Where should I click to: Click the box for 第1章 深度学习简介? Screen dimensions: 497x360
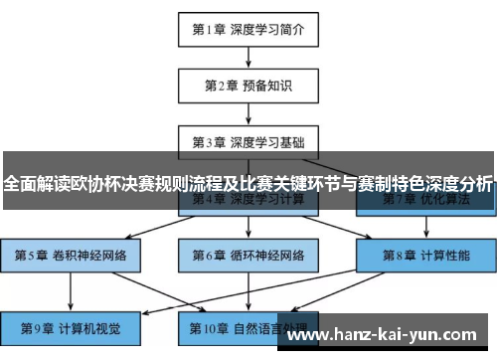248,30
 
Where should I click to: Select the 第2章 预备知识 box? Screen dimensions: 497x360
248,86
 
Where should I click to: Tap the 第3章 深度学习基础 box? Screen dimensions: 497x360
248,142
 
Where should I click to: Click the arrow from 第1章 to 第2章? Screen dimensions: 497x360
248,58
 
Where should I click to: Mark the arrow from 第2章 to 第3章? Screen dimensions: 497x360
248,113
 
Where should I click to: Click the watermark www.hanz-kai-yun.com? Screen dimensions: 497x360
387,335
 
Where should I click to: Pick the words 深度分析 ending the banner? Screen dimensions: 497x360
458,185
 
